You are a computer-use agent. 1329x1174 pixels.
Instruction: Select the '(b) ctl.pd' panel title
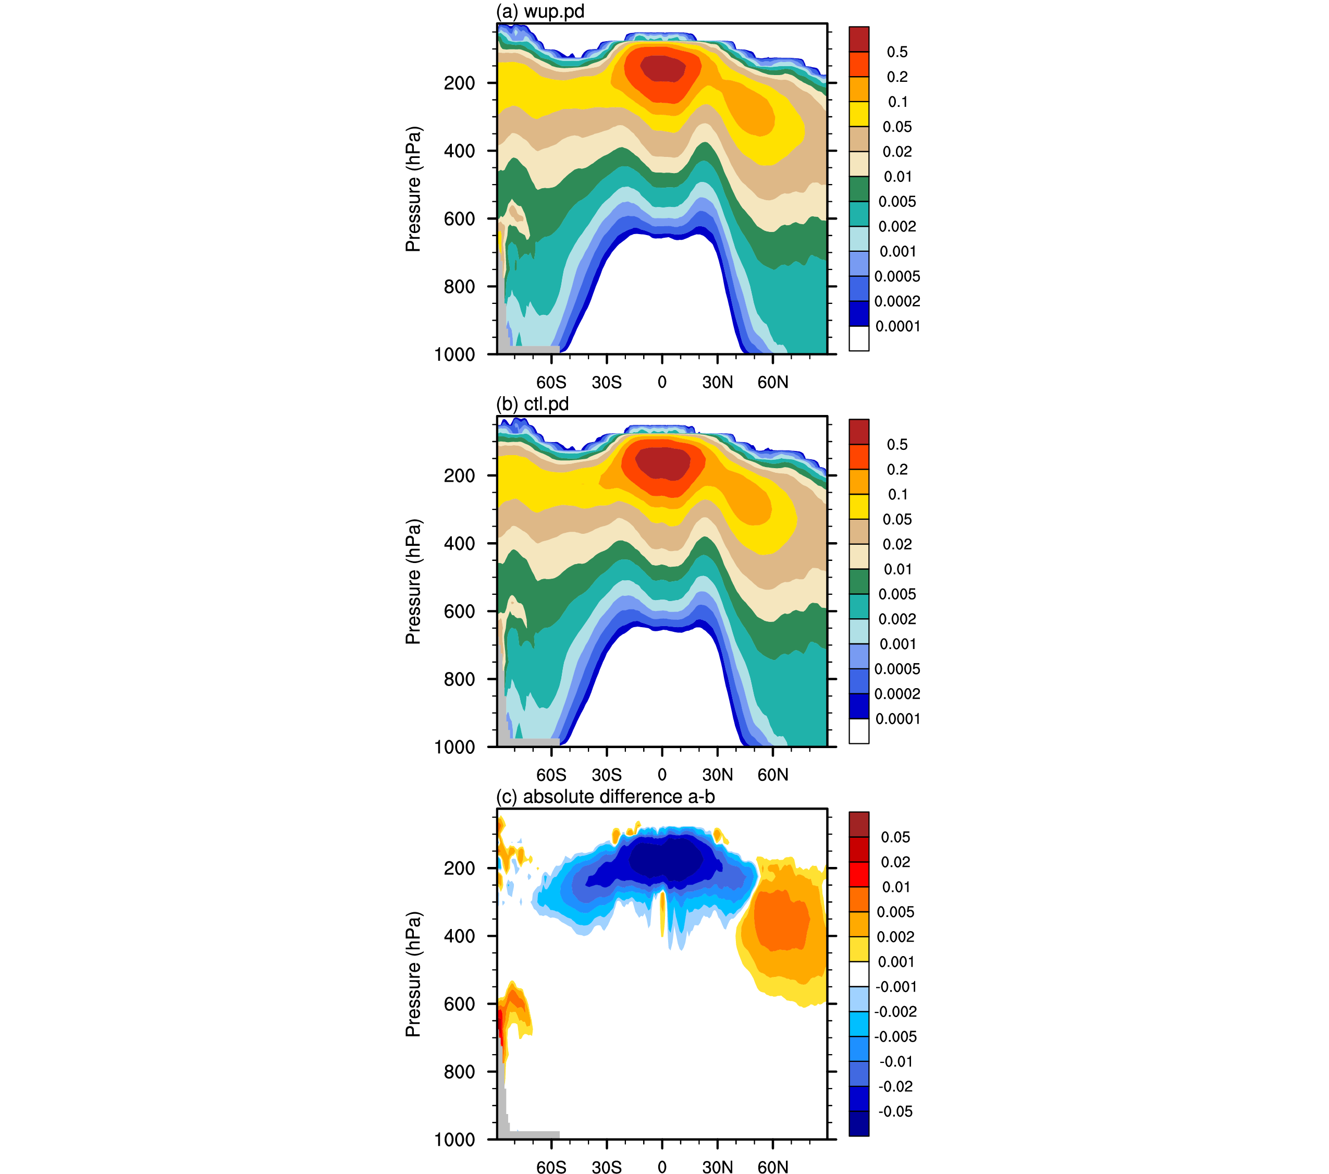pyautogui.click(x=533, y=404)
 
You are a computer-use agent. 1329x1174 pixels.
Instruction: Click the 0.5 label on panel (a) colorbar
pyautogui.click(x=897, y=52)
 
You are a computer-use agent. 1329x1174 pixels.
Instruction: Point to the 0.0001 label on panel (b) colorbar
pyautogui.click(x=897, y=719)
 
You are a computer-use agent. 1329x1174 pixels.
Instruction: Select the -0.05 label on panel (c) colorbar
pyautogui.click(x=895, y=1111)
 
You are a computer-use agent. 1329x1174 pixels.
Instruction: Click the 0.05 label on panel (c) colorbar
pyautogui.click(x=895, y=837)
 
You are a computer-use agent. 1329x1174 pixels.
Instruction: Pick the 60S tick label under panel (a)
pyautogui.click(x=551, y=383)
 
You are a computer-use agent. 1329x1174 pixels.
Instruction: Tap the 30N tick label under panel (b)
pyautogui.click(x=717, y=775)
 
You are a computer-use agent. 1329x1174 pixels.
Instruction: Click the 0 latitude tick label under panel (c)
pyautogui.click(x=662, y=1168)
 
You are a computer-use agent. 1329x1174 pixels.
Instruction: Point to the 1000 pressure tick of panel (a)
pyautogui.click(x=454, y=354)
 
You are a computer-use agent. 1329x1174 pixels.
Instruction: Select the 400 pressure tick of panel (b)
pyautogui.click(x=459, y=543)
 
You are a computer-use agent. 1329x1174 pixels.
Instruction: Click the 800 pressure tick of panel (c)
pyautogui.click(x=459, y=1071)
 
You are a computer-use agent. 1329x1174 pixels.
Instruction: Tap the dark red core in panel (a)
pyautogui.click(x=662, y=68)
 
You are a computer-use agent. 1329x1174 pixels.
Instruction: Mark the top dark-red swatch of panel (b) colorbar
pyautogui.click(x=859, y=432)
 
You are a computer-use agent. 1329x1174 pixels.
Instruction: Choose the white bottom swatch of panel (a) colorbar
pyautogui.click(x=859, y=338)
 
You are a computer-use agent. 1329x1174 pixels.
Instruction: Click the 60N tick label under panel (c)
pyautogui.click(x=772, y=1168)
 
